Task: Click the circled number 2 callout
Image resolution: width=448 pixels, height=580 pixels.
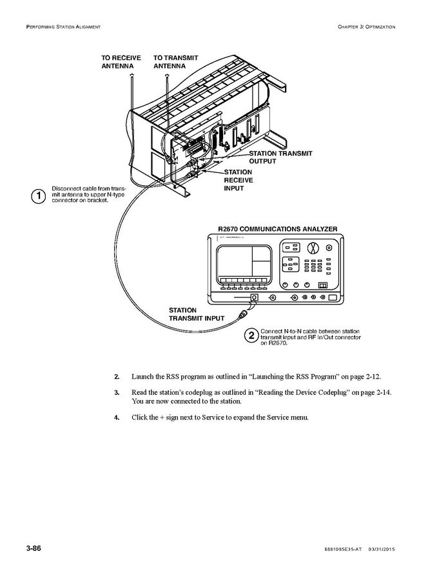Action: pyautogui.click(x=251, y=335)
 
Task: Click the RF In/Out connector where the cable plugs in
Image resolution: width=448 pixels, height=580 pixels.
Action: pyautogui.click(x=255, y=298)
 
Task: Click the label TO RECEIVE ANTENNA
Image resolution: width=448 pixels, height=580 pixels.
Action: pyautogui.click(x=121, y=62)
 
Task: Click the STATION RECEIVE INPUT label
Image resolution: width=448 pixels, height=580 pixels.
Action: pyautogui.click(x=239, y=180)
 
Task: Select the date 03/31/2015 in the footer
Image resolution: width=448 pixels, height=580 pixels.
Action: pyautogui.click(x=381, y=549)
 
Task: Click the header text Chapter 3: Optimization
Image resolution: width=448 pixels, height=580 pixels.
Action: pyautogui.click(x=365, y=26)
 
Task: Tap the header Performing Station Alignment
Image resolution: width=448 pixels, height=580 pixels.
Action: pyautogui.click(x=63, y=26)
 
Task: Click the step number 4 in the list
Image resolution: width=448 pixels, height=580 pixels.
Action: pyautogui.click(x=117, y=417)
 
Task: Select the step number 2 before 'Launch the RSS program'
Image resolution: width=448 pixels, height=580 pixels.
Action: pyautogui.click(x=117, y=376)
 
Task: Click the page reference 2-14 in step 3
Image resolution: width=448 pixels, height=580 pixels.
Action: pyautogui.click(x=383, y=392)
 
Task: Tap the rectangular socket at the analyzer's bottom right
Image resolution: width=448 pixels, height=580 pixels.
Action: pyautogui.click(x=333, y=298)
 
